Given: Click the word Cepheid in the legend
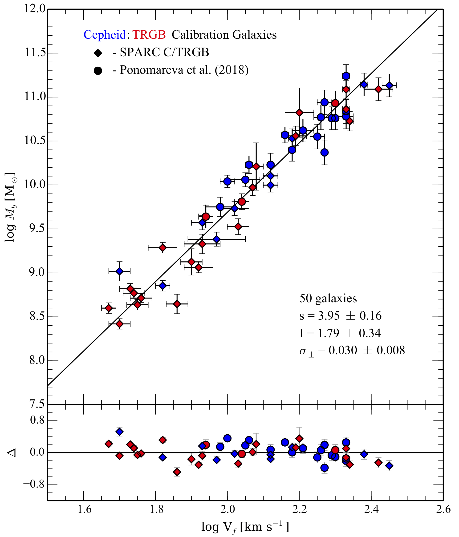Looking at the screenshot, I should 105,35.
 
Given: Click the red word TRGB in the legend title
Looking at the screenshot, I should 149,35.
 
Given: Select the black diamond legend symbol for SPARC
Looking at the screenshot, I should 98,53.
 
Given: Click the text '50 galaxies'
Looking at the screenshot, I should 328,299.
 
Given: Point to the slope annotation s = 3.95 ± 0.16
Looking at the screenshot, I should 340,316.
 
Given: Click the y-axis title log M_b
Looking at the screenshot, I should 10,207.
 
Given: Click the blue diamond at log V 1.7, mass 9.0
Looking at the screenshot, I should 119,271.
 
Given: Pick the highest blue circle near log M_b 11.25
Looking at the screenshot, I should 346,76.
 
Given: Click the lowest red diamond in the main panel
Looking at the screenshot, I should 119,324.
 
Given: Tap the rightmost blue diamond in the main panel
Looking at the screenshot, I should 389,85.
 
